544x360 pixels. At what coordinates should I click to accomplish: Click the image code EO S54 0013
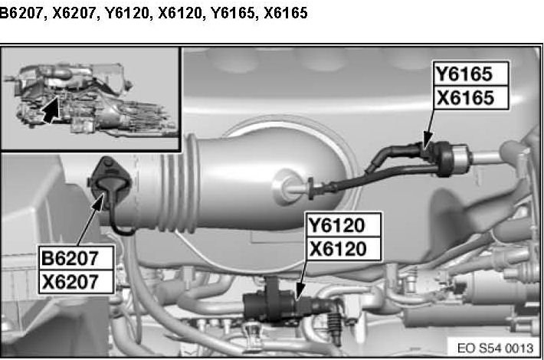pyautogui.click(x=495, y=348)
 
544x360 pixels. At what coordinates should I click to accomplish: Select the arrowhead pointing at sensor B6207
pyautogui.click(x=99, y=202)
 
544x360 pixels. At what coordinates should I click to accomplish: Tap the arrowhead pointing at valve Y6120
pyautogui.click(x=300, y=291)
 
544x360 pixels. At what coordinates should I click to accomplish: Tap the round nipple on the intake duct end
pyautogui.click(x=287, y=188)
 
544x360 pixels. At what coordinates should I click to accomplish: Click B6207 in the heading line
pyautogui.click(x=21, y=13)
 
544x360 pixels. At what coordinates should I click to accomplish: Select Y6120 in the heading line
pyautogui.click(x=127, y=13)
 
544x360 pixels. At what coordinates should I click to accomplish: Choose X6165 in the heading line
pyautogui.click(x=285, y=13)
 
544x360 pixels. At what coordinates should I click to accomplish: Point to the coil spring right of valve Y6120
pyautogui.click(x=335, y=324)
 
